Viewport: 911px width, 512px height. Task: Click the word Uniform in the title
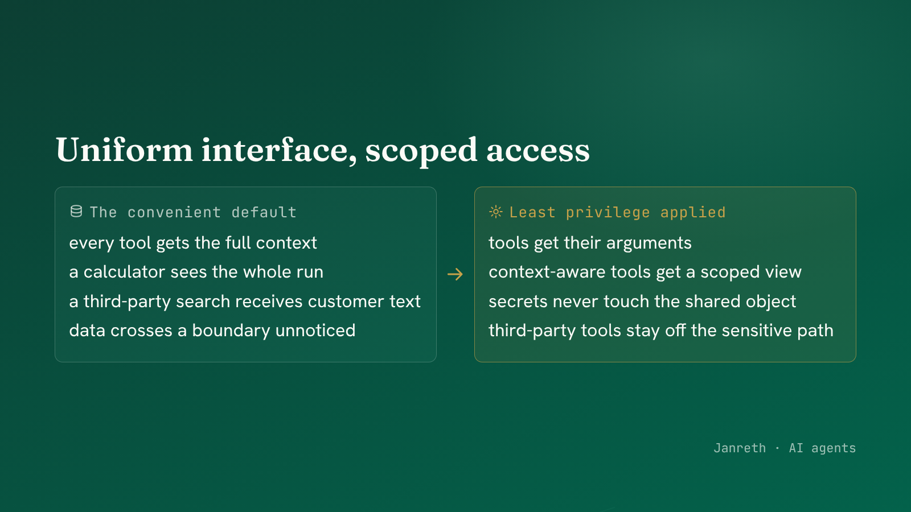coord(124,150)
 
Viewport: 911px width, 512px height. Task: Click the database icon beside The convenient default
coord(76,211)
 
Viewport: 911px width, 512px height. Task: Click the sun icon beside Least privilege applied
coord(496,212)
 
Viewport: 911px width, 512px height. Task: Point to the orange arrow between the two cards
coord(455,274)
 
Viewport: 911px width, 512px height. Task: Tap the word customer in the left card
coord(346,302)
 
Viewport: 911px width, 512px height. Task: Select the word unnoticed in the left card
coord(315,331)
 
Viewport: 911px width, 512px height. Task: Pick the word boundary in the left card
coord(231,331)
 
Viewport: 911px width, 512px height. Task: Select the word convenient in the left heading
coord(174,212)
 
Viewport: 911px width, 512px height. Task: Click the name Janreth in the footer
coord(740,448)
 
